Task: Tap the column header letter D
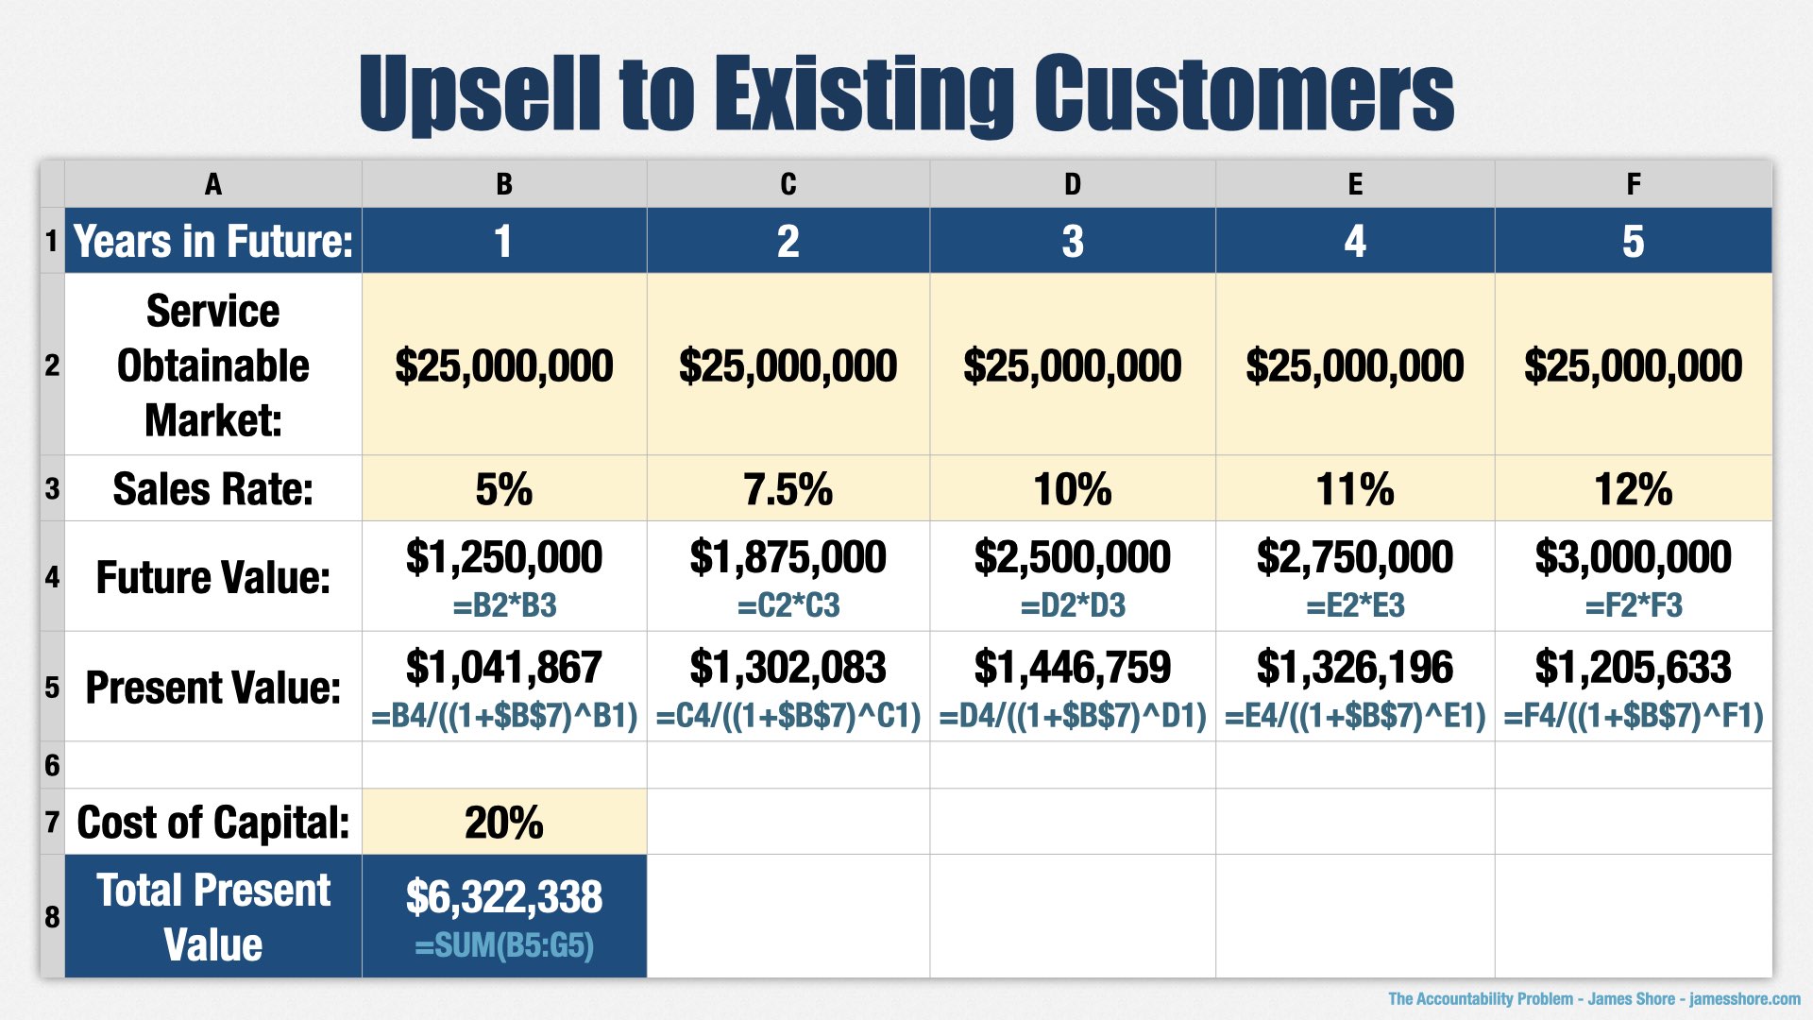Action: tap(1072, 184)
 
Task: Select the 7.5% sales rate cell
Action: tap(788, 489)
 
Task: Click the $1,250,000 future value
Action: tap(503, 557)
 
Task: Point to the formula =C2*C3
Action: tap(788, 605)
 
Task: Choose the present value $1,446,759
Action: tap(1072, 668)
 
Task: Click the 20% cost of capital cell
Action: tap(503, 823)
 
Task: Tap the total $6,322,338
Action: tap(503, 896)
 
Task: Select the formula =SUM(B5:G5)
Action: tap(503, 945)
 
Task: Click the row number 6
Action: tap(52, 765)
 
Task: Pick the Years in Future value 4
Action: tap(1355, 242)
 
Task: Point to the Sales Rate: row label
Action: tap(212, 489)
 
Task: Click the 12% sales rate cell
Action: tap(1633, 489)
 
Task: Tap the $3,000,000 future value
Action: tap(1633, 557)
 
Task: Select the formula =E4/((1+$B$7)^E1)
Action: tap(1355, 717)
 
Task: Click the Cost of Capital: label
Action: tap(212, 823)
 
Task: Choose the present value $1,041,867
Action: tap(503, 668)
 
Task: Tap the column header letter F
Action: tap(1633, 184)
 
